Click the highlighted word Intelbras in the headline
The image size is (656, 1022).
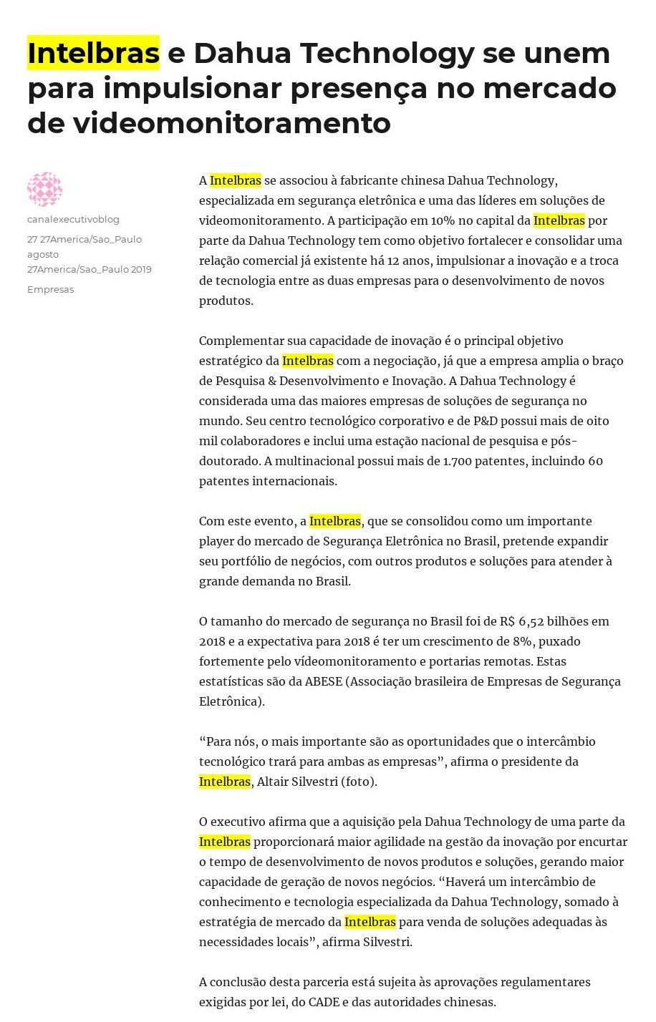coord(93,53)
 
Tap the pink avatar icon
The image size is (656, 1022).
coord(44,189)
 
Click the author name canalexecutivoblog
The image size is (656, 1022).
coord(73,219)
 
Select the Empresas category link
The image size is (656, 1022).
coord(50,289)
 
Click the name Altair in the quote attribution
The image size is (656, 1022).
coord(271,782)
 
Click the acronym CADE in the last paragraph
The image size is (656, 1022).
coord(324,1002)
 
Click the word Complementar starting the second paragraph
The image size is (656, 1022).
coord(241,341)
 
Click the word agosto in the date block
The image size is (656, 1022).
coord(43,254)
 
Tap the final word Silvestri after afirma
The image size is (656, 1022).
coord(387,942)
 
